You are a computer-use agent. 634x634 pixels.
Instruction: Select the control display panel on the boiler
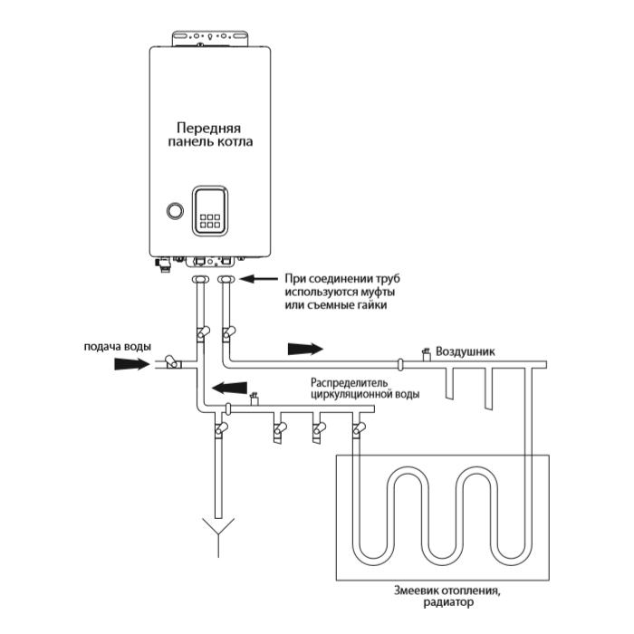point(210,212)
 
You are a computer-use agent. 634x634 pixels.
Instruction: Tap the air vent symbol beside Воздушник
point(425,354)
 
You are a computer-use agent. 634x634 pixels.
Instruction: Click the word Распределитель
point(349,381)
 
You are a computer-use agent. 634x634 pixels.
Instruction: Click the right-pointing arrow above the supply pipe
point(303,348)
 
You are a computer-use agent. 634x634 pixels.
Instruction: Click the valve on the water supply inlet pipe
point(172,363)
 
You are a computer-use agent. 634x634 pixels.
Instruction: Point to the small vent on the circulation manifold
point(254,397)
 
